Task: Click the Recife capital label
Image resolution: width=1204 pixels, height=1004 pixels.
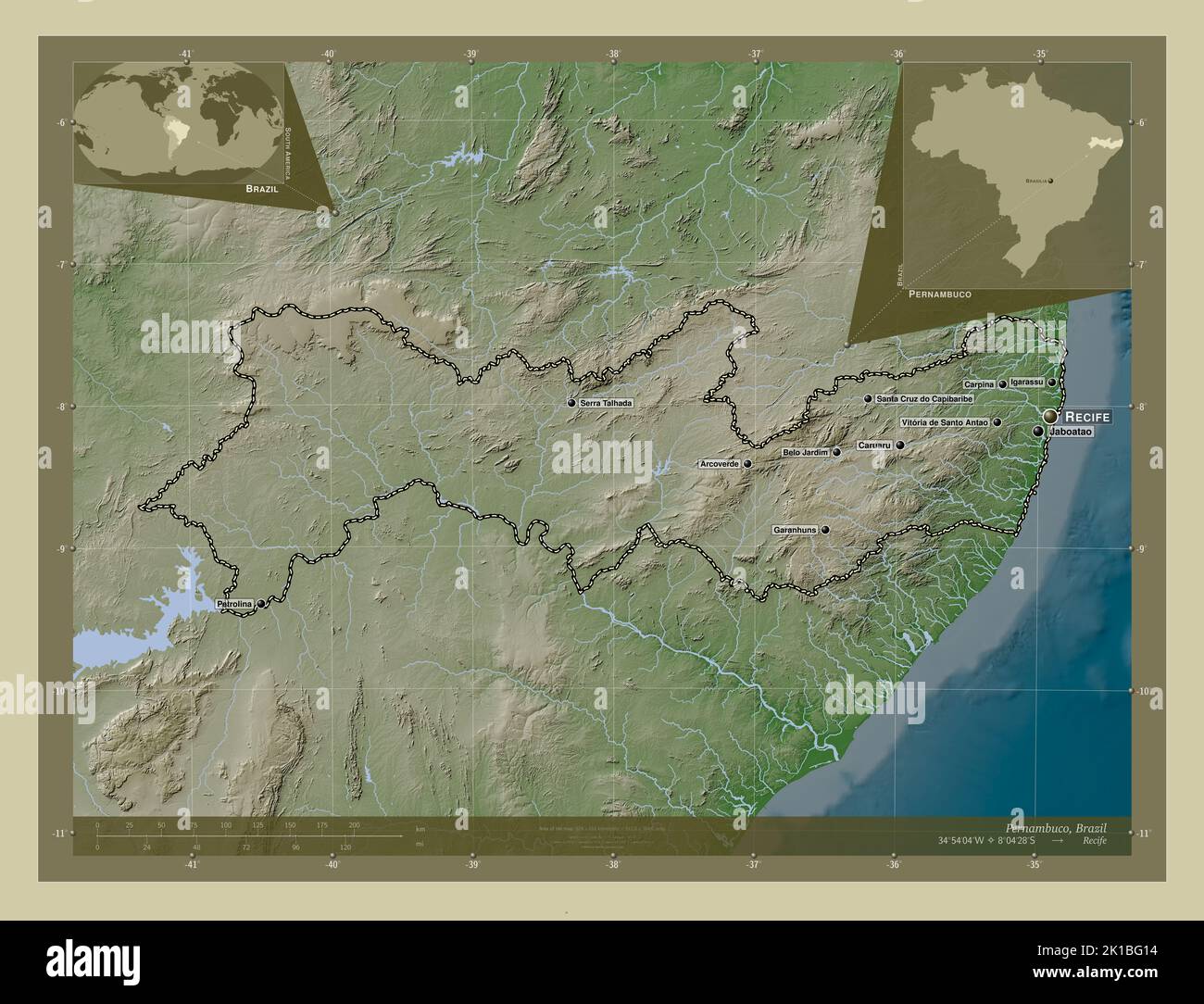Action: (1087, 417)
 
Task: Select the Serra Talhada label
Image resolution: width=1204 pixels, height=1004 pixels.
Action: (606, 404)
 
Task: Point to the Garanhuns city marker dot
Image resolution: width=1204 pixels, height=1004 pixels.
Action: (825, 531)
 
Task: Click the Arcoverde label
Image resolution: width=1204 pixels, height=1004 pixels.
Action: (720, 464)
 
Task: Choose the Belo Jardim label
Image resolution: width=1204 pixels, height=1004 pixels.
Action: (805, 453)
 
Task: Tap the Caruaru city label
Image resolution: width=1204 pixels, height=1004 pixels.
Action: (874, 446)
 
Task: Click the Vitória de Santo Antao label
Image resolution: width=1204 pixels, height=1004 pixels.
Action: (944, 422)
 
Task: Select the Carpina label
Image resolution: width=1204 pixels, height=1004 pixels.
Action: (979, 383)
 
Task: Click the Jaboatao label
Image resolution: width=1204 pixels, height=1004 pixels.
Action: (1072, 433)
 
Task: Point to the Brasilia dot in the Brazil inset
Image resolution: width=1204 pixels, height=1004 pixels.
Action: (1049, 182)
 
